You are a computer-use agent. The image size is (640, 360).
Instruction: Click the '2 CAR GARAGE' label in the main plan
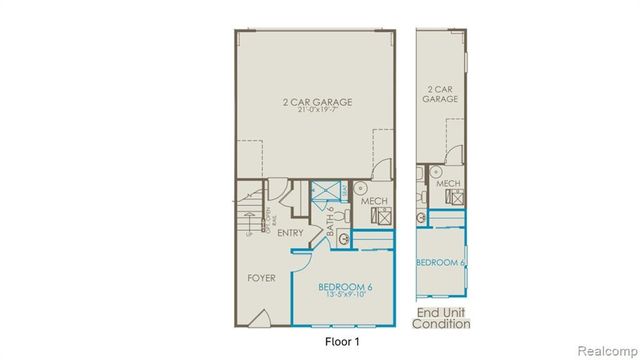[315, 101]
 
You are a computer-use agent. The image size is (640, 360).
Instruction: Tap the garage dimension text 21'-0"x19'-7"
[315, 111]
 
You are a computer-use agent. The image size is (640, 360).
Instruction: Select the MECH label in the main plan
[374, 202]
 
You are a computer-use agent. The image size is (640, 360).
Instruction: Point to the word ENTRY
[291, 233]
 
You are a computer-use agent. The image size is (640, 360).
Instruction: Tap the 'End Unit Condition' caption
[442, 317]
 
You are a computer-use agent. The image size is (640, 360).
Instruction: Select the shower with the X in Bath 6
[324, 191]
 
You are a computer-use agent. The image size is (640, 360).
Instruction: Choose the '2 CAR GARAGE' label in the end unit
[440, 93]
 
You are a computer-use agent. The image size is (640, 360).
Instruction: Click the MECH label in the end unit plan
[448, 183]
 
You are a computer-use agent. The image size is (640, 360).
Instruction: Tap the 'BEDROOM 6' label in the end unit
[441, 262]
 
